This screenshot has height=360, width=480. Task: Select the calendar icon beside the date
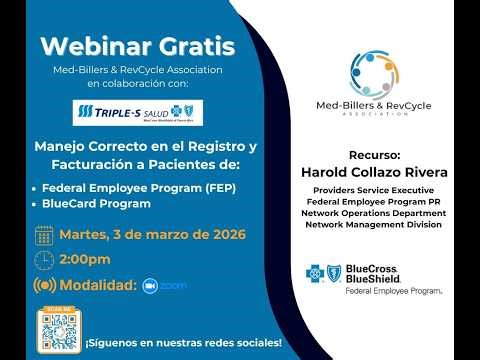point(44,236)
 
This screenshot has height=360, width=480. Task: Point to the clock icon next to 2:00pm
point(44,260)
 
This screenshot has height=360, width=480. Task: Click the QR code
point(56,327)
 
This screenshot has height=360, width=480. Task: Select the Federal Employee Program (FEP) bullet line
point(120,187)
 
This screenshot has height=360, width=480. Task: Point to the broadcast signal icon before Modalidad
point(44,285)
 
